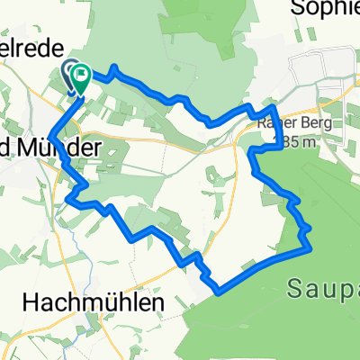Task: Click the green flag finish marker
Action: (81, 78)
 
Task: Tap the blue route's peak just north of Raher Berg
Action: (271, 107)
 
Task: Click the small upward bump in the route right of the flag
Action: (114, 67)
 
